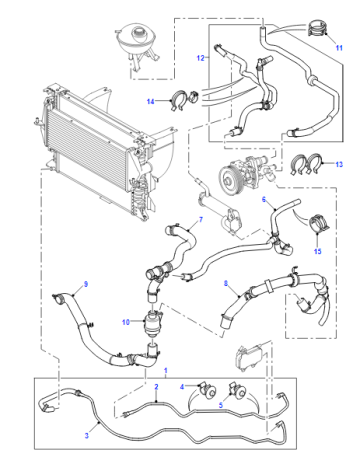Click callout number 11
(x=339, y=48)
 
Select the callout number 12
(x=200, y=58)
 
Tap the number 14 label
(x=151, y=101)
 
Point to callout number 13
(x=339, y=164)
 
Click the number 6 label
(x=264, y=199)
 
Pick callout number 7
(x=201, y=219)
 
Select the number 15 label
(x=318, y=251)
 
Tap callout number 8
(x=226, y=283)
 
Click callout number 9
(x=86, y=284)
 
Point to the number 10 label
(x=126, y=322)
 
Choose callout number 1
(x=166, y=371)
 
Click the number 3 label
(x=87, y=435)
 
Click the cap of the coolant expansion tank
(x=138, y=32)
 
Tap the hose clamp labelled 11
(x=316, y=28)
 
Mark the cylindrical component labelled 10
(x=152, y=323)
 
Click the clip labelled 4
(x=207, y=390)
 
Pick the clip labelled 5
(x=237, y=391)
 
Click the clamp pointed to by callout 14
(x=179, y=100)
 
